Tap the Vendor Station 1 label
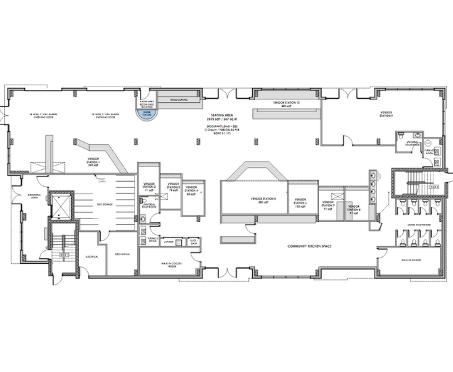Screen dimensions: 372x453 click(x=93, y=163)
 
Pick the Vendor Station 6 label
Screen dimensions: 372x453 click(x=301, y=203)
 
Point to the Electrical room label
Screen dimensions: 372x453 click(x=92, y=256)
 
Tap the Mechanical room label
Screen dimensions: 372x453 click(x=122, y=254)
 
